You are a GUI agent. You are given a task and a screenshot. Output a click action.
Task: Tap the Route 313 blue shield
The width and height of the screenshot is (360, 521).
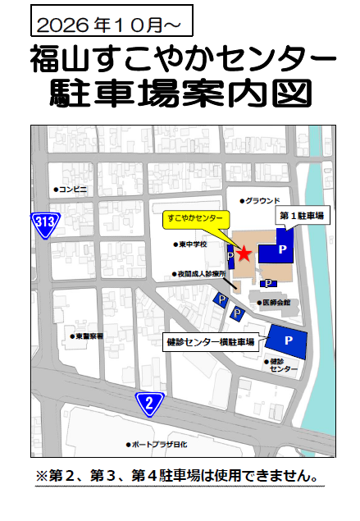44,222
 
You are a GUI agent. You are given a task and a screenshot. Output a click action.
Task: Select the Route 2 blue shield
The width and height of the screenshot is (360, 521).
149,402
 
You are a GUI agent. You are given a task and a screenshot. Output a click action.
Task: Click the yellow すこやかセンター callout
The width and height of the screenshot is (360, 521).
194,220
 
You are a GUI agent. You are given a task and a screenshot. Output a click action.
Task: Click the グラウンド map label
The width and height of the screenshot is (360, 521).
260,200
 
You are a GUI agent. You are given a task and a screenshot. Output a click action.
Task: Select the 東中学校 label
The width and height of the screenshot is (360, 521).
191,244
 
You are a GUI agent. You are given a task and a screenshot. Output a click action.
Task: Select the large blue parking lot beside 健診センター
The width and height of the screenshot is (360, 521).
287,341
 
